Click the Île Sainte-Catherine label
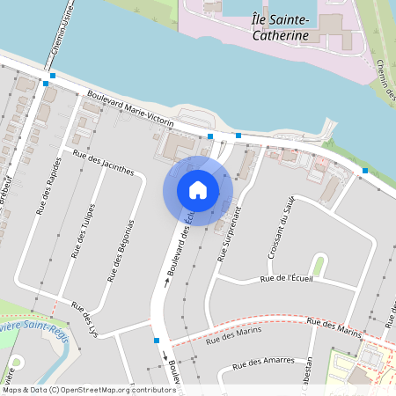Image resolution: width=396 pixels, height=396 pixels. click(x=279, y=26)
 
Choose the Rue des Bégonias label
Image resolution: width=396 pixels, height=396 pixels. click(x=121, y=250)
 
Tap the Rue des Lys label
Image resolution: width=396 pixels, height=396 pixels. click(x=84, y=319)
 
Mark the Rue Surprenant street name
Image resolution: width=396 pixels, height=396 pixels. click(x=230, y=233)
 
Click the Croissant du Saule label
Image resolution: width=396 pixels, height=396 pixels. click(x=281, y=227)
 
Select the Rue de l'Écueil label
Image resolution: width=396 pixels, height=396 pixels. click(x=287, y=279)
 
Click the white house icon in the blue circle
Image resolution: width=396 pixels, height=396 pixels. click(x=198, y=190)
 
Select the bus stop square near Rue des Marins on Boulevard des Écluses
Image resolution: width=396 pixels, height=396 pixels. click(x=157, y=340)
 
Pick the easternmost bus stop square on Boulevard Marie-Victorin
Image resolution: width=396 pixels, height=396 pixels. click(x=365, y=170)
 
